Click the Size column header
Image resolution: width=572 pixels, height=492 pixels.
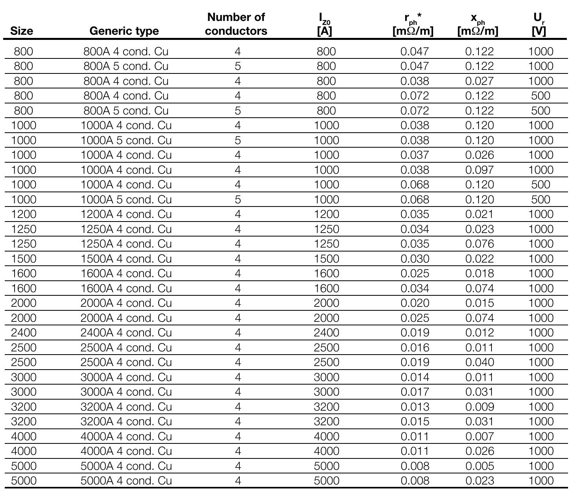pos(22,31)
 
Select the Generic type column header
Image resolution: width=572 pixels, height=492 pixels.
pos(124,31)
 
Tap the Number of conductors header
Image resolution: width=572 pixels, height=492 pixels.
pos(236,24)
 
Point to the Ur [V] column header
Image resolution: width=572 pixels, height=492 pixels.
pos(539,24)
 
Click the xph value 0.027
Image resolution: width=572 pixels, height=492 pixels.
pos(479,81)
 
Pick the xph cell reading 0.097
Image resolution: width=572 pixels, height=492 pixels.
pos(479,170)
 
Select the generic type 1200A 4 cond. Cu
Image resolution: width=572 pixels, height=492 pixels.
pos(126,214)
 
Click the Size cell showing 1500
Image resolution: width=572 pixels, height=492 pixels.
pos(24,259)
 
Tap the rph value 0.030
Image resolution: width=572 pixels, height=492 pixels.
pos(415,259)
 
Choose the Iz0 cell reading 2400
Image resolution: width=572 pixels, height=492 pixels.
pos(326,332)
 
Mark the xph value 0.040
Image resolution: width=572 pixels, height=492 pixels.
pos(479,362)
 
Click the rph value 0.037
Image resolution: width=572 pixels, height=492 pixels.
pos(415,155)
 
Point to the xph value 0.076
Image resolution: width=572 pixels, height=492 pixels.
pos(479,244)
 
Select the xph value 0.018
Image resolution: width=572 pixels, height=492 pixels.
pos(479,273)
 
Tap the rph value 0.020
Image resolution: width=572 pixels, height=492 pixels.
pos(415,303)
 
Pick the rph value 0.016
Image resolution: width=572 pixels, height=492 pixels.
pos(415,347)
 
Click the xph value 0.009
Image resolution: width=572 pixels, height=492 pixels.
pos(479,407)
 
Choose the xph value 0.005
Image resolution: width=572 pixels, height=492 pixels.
pos(479,466)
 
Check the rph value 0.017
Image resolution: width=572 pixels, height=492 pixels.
pos(415,392)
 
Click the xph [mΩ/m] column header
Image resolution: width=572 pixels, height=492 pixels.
pos(478,24)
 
